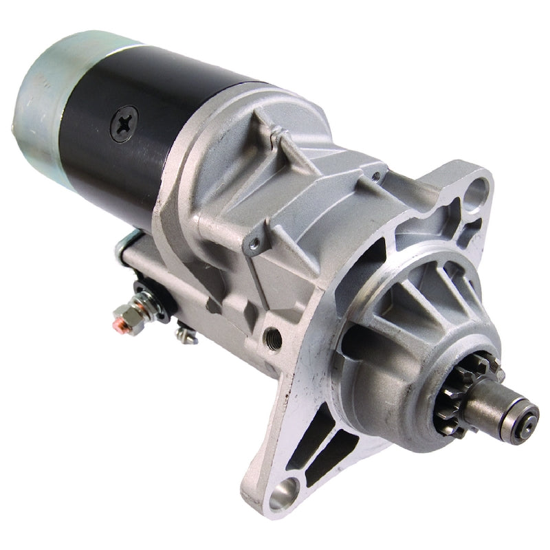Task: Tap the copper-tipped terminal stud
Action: pyautogui.click(x=119, y=320)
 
